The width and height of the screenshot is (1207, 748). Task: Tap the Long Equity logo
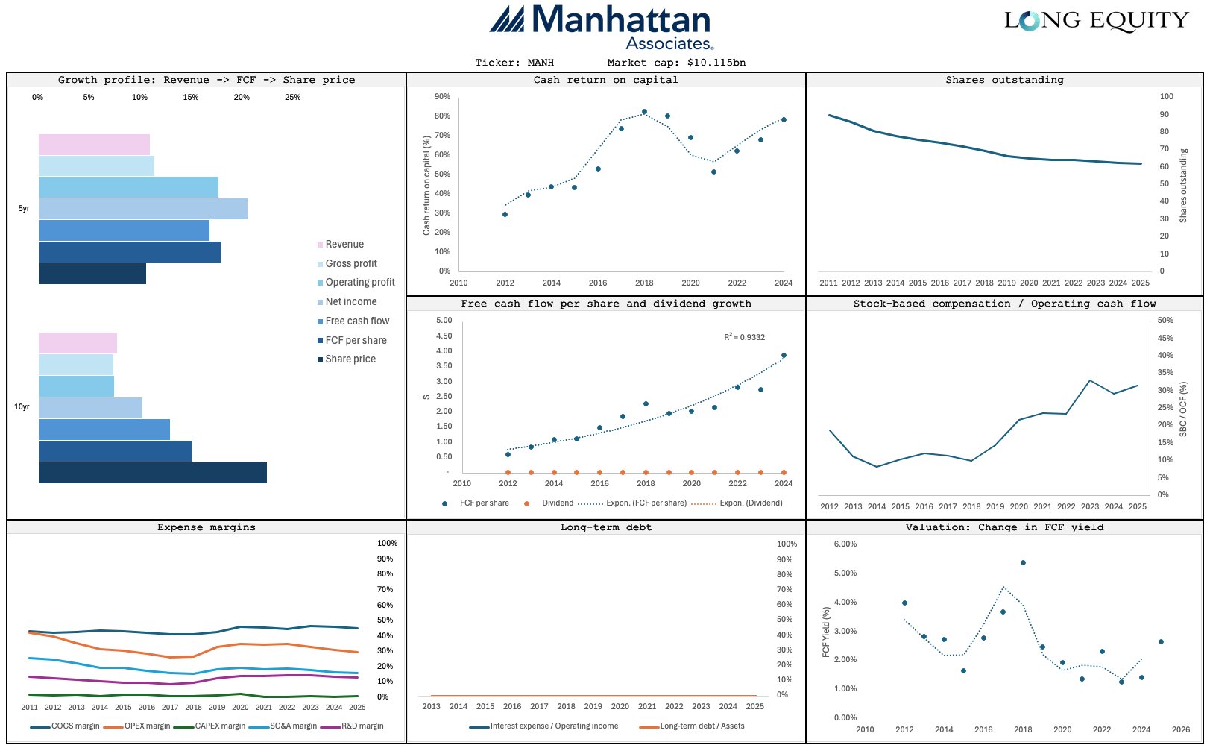click(1096, 21)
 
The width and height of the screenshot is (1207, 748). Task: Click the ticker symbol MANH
click(541, 63)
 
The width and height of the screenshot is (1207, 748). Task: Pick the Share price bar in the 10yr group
click(153, 473)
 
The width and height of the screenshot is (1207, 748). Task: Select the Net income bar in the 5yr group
click(143, 209)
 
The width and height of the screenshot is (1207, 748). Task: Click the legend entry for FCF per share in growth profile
click(356, 340)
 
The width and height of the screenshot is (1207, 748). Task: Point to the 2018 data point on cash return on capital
click(644, 112)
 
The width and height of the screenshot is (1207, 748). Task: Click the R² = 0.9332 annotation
click(744, 337)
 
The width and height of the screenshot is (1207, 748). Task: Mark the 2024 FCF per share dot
click(784, 356)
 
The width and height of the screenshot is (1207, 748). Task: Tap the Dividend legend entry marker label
click(557, 503)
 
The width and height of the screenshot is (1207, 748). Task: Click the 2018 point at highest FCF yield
click(1023, 562)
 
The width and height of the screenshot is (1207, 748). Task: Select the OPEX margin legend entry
click(147, 726)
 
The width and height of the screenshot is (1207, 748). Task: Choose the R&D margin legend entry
click(362, 726)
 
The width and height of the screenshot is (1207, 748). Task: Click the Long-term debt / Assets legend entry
click(702, 726)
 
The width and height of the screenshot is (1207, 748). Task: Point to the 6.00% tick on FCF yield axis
click(845, 544)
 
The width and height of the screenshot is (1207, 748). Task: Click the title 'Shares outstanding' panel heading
click(1004, 80)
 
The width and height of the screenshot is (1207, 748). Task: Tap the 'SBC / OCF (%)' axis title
click(1183, 409)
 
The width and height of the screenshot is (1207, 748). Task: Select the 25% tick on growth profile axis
click(293, 98)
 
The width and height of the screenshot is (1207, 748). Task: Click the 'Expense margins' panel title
click(207, 527)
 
